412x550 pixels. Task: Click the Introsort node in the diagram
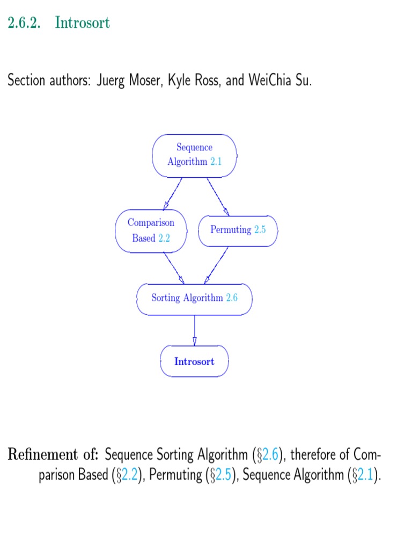coord(194,361)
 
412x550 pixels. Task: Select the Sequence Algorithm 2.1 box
coord(194,155)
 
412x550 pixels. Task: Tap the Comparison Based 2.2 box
coord(151,230)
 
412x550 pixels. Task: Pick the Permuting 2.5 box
coord(238,230)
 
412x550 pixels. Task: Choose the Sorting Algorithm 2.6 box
coord(194,298)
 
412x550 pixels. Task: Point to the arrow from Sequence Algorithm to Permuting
coord(218,196)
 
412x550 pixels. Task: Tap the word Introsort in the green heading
coord(82,23)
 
